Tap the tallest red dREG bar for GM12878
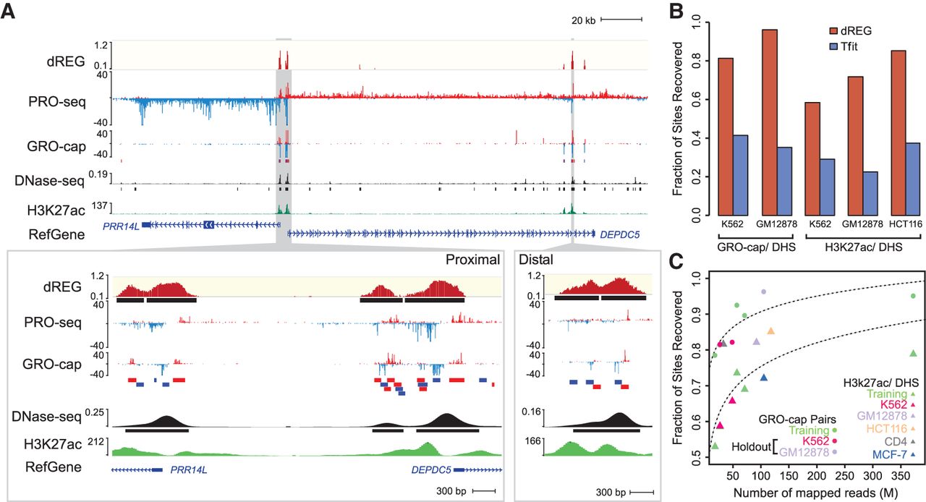coord(767,123)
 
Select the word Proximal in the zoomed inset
coord(473,260)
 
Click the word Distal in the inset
coord(540,260)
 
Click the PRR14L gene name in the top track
coord(120,225)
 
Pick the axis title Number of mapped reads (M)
coord(813,493)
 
